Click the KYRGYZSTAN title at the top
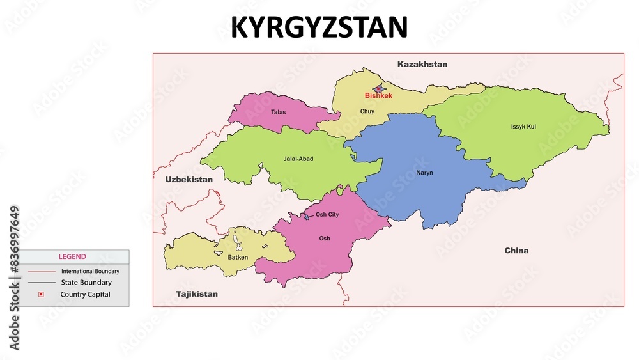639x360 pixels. [x=319, y=27]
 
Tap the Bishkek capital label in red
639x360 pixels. [x=378, y=96]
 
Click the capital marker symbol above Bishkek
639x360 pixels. [x=379, y=89]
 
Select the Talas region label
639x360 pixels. [x=278, y=112]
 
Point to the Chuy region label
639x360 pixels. [x=367, y=111]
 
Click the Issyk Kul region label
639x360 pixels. [x=523, y=127]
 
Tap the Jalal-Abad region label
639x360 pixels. [x=298, y=159]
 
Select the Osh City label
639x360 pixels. [x=327, y=215]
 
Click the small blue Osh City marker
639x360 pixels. [x=306, y=217]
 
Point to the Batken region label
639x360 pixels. [x=238, y=257]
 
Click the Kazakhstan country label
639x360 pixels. [x=422, y=64]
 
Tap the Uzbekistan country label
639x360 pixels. [x=189, y=180]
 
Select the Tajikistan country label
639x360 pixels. [x=197, y=294]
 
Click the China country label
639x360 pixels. [x=516, y=251]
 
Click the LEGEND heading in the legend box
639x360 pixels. [x=72, y=256]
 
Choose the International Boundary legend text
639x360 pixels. [x=90, y=271]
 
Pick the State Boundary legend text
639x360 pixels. [x=86, y=282]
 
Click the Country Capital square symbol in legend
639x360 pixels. [x=41, y=294]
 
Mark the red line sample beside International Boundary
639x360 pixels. [x=41, y=271]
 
